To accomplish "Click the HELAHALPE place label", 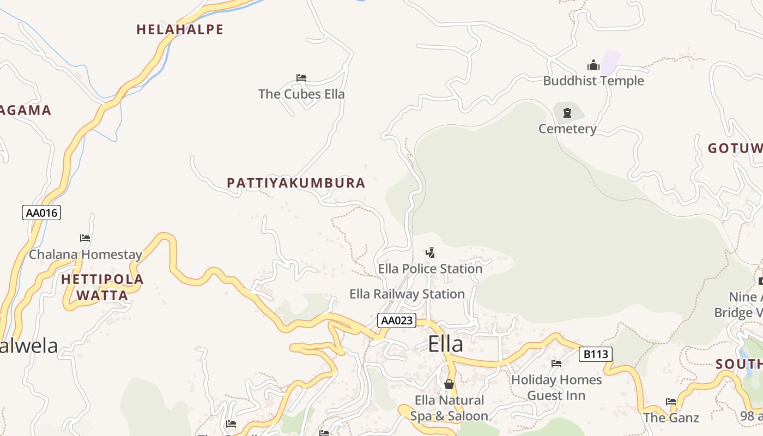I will [180, 29].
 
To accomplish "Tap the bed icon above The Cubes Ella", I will [301, 78].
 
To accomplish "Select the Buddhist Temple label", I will [594, 81].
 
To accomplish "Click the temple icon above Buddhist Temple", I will [594, 65].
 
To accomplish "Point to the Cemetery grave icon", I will [567, 113].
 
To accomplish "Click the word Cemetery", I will [567, 129].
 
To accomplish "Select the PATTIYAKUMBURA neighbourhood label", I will [296, 183].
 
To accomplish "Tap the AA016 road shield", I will [41, 213].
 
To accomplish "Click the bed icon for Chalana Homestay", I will [85, 238].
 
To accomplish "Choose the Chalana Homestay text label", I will [86, 255].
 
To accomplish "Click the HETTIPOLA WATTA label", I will [102, 288].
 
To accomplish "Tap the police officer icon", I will [430, 253].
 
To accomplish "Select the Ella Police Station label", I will [431, 269].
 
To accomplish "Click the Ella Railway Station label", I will [407, 294].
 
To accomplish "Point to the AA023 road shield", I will [397, 320].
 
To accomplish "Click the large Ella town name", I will [445, 344].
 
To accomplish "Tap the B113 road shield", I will [595, 355].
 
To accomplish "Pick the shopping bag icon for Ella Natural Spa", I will [449, 385].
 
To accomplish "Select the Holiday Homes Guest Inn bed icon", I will [556, 364].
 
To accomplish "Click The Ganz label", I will [671, 418].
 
